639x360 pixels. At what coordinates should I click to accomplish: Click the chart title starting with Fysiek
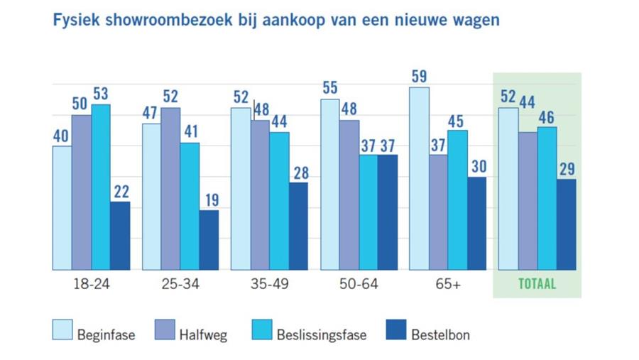point(276,21)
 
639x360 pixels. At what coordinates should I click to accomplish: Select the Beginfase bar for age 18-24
point(62,207)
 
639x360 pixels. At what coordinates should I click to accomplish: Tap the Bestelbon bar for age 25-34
point(209,239)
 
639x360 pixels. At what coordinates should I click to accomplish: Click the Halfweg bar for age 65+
point(438,212)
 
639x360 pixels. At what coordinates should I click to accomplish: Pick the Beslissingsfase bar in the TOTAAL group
point(547,198)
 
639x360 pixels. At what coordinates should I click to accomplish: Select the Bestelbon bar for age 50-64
point(388,212)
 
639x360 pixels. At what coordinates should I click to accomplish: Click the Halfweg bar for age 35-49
point(260,195)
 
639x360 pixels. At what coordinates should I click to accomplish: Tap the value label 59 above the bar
point(420,75)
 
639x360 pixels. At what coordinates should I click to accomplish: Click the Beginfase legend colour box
point(62,331)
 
